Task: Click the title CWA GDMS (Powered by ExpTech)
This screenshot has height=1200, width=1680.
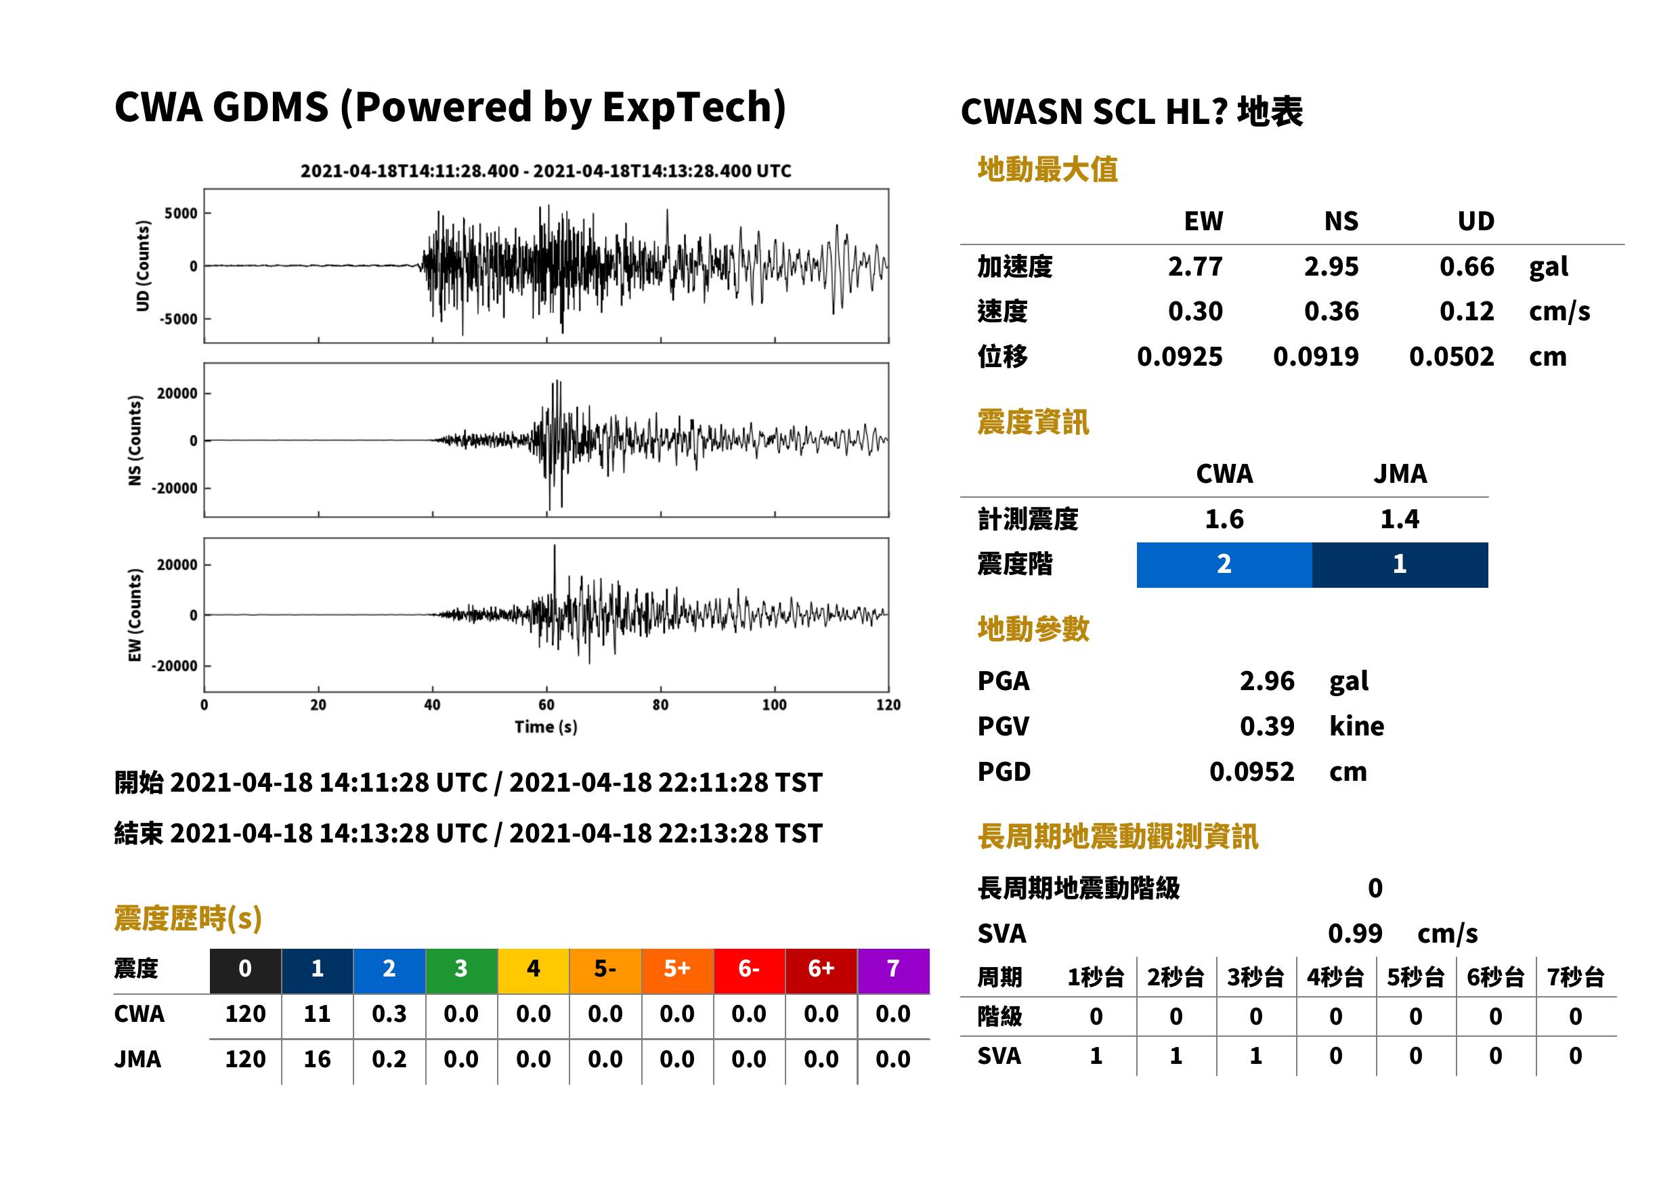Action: tap(450, 107)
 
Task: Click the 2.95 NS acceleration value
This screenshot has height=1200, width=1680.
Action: tap(1331, 266)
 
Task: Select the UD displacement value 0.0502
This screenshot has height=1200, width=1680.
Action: tap(1451, 356)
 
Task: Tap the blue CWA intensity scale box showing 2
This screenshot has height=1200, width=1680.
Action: tap(1224, 565)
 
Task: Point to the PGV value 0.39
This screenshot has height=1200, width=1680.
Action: tap(1266, 725)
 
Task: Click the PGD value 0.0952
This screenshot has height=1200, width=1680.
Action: tap(1251, 771)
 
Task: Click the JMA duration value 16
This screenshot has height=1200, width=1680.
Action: tap(317, 1059)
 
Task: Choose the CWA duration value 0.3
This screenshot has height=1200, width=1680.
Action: tap(389, 1014)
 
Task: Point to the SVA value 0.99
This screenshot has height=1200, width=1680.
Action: tap(1355, 933)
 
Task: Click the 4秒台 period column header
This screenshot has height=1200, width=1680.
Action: tap(1335, 977)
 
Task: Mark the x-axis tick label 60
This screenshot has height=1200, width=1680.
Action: tap(546, 705)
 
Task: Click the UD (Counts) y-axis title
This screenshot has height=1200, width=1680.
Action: tap(143, 266)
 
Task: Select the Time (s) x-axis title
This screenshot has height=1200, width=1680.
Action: tap(546, 727)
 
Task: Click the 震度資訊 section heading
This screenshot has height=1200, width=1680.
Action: tap(1033, 422)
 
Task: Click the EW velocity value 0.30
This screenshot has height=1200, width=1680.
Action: tap(1194, 311)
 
